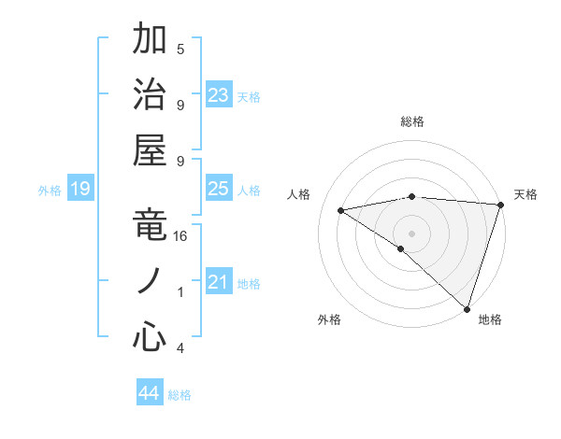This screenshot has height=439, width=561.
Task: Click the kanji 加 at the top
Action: point(151,40)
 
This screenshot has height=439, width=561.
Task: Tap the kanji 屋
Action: point(151,149)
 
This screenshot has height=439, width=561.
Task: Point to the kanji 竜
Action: point(151,225)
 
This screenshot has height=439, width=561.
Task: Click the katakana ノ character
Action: point(151,280)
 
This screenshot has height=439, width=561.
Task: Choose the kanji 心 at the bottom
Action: point(151,337)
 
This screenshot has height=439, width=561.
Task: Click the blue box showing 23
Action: point(219,94)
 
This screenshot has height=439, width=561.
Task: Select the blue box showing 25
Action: point(219,189)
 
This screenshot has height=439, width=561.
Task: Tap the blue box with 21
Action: point(219,282)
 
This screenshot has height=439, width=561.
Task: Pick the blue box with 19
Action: point(80,190)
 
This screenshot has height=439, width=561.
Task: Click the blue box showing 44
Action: point(150,393)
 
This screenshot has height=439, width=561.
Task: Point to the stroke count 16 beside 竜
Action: point(181,236)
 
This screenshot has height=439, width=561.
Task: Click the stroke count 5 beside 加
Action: point(180,49)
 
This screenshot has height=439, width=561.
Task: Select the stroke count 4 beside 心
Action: point(180,348)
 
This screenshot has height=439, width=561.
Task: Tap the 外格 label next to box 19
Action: point(50,191)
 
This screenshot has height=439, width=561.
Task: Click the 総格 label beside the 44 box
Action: point(180,395)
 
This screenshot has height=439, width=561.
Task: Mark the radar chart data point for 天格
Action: point(501,205)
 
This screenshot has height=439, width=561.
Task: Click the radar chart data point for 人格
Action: point(341,210)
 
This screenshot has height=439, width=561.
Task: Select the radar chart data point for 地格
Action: point(467,307)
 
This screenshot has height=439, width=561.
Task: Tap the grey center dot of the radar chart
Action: point(412,233)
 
